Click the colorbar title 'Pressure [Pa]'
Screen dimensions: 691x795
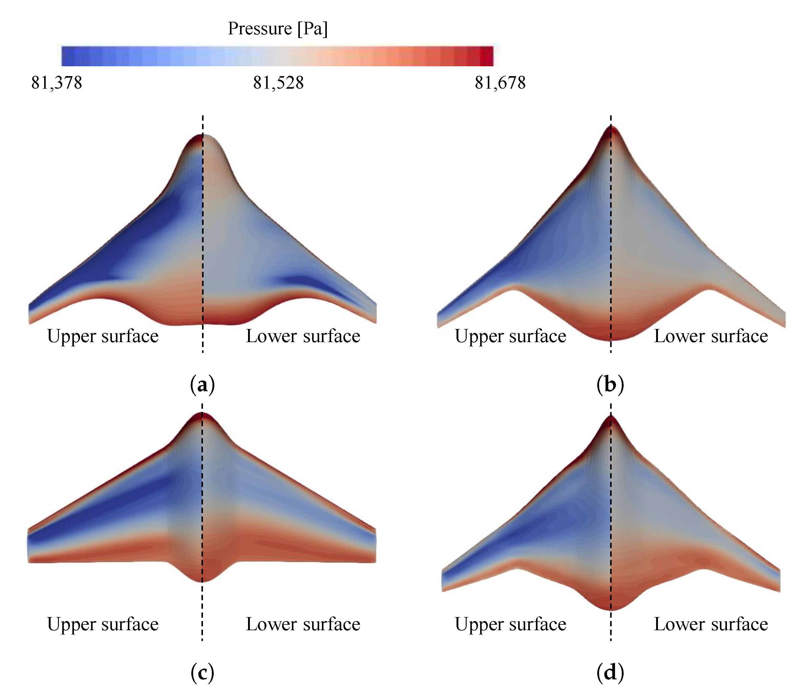point(277,29)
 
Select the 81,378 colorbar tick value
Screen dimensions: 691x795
point(57,83)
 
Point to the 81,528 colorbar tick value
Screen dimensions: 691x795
point(278,83)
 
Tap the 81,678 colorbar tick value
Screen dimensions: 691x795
point(500,83)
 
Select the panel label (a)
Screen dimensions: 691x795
point(202,385)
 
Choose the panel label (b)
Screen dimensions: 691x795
point(610,385)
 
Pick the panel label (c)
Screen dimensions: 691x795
point(202,673)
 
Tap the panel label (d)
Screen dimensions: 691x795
point(610,673)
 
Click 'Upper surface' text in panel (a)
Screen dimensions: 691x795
point(103,336)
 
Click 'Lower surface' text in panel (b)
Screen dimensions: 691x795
point(711,336)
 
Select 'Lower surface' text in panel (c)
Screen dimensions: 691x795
point(303,624)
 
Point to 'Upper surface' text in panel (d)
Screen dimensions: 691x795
point(510,624)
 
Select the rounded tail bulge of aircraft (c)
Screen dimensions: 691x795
point(202,574)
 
